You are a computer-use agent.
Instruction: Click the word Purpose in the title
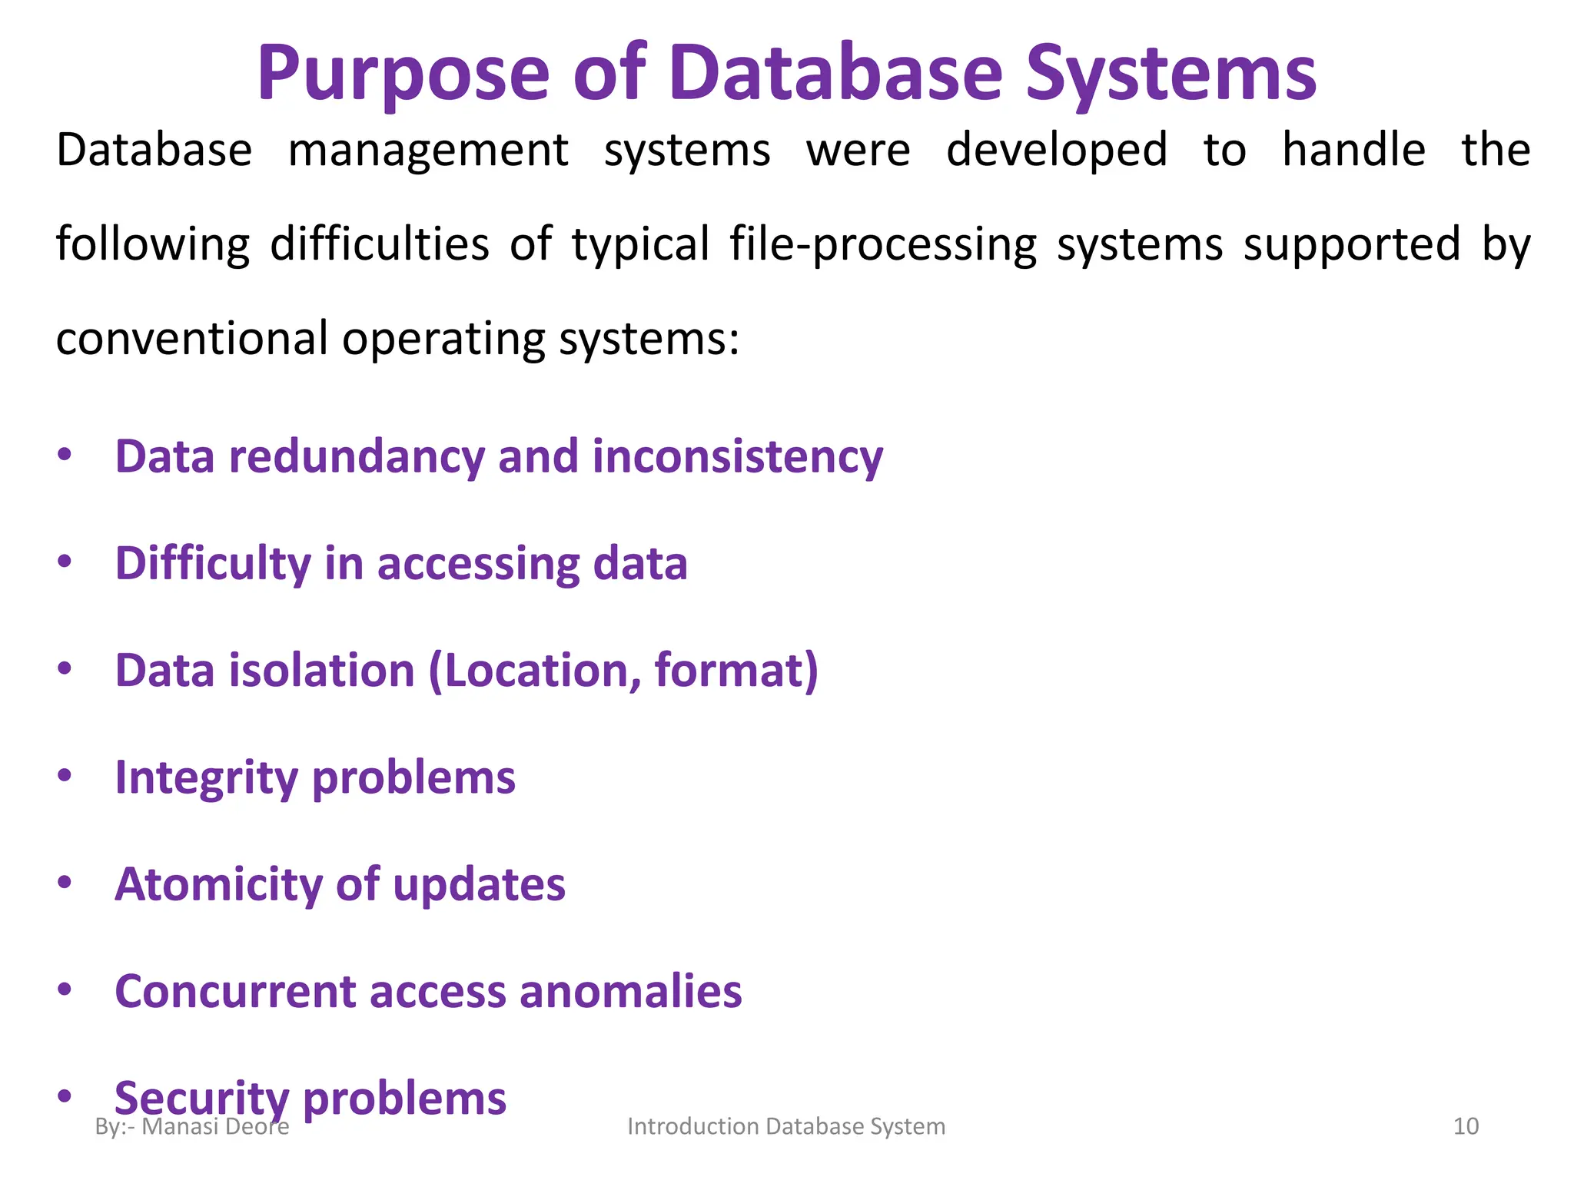click(x=403, y=75)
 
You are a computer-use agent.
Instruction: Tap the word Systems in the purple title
click(x=1171, y=75)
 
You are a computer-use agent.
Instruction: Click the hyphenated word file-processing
click(x=883, y=244)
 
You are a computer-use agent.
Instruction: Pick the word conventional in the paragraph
click(x=192, y=338)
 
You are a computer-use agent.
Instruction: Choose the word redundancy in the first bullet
click(x=357, y=456)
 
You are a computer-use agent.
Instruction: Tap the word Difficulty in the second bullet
click(x=213, y=563)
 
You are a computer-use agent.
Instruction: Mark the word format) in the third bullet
click(x=736, y=670)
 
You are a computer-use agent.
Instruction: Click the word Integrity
click(x=206, y=777)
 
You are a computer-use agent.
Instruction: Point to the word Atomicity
click(x=218, y=883)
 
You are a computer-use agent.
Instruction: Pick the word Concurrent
click(x=235, y=991)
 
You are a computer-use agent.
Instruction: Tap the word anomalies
click(x=631, y=991)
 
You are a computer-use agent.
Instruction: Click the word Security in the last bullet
click(x=201, y=1097)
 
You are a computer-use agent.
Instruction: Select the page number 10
click(x=1466, y=1126)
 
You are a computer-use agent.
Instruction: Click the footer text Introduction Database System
click(x=786, y=1126)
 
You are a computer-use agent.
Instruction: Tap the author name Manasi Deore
click(x=215, y=1127)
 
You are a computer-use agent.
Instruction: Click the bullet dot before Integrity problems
click(x=65, y=776)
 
